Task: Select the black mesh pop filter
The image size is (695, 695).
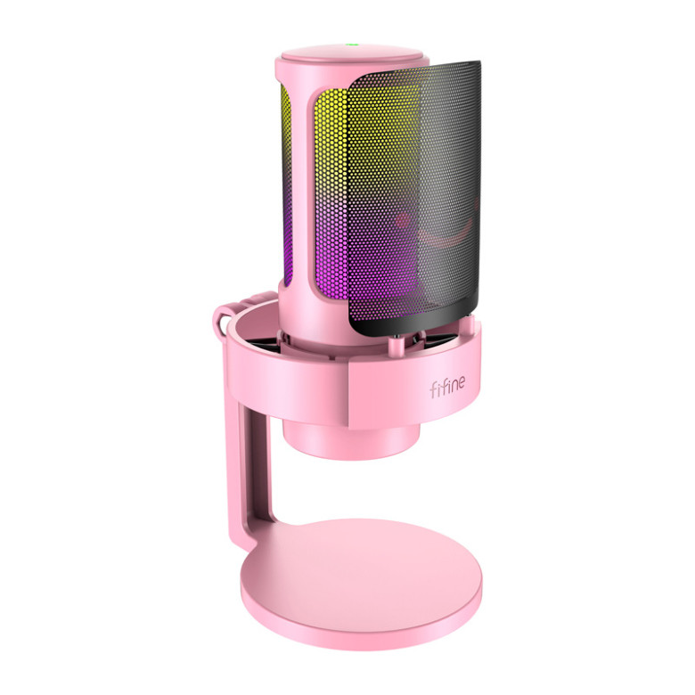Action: [x=419, y=196]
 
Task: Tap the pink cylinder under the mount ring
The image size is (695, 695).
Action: [x=351, y=437]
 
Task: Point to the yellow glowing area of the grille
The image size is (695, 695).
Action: [x=334, y=134]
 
